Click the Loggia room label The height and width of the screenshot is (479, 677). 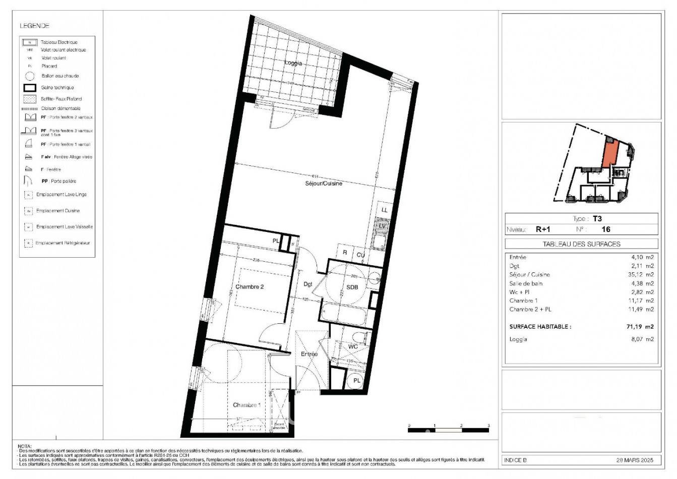coord(293,63)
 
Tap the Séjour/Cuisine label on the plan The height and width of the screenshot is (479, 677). coord(324,184)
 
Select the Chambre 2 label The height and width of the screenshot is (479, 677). coord(250,287)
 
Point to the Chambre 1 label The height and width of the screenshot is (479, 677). coord(247,405)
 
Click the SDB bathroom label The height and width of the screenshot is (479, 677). coord(352,287)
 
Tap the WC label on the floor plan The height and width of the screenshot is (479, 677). coord(353,346)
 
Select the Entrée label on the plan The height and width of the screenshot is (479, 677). coord(309,354)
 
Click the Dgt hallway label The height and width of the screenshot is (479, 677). coord(307,284)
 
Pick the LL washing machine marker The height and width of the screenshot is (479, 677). coord(384,210)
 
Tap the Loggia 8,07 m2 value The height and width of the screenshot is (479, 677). coord(643,339)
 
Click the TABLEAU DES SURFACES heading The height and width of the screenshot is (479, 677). coord(581,244)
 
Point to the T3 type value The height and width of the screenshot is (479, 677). coord(597,219)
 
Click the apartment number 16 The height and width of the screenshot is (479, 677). coord(606,229)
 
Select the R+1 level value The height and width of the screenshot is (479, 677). coord(542,229)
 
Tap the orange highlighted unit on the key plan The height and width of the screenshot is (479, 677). coord(609,153)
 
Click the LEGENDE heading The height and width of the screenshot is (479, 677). coord(34,26)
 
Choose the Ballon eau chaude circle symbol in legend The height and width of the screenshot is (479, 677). coord(30,76)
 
